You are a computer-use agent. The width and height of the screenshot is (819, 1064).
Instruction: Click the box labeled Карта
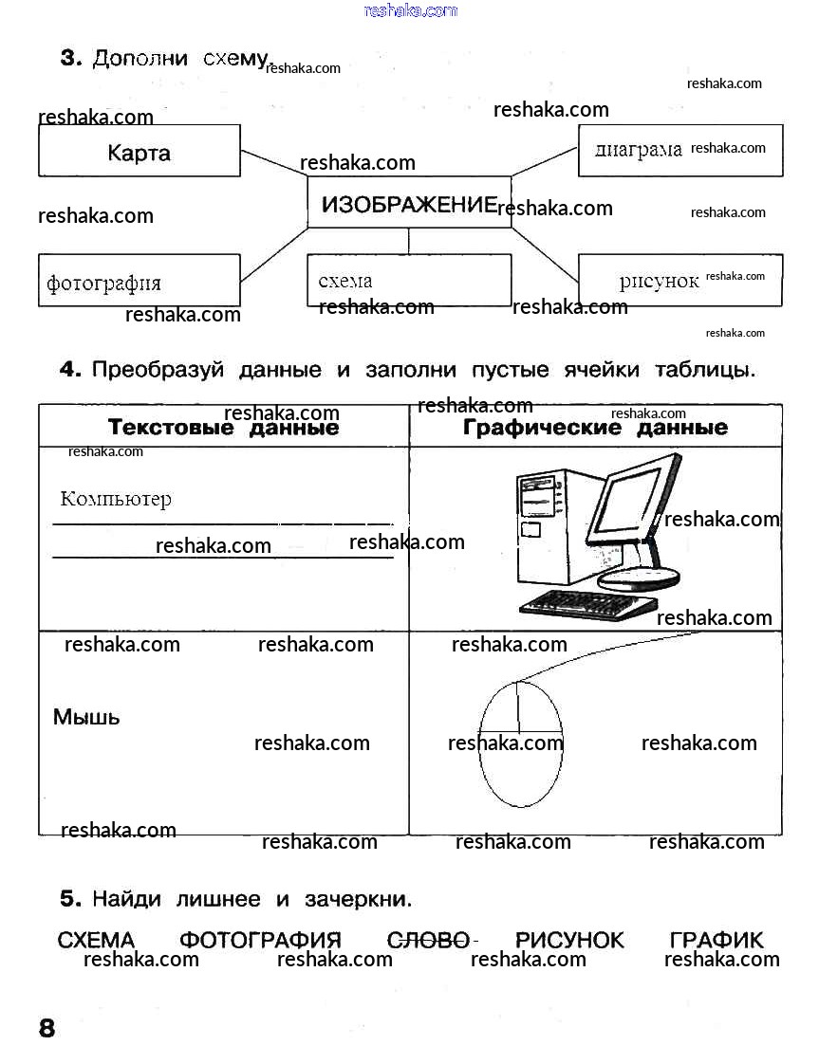coord(139,152)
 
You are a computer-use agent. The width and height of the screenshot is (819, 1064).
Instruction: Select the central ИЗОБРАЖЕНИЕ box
coord(409,203)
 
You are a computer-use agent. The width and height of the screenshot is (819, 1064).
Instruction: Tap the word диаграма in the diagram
coord(638,150)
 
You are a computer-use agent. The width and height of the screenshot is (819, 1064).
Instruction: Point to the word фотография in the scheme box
coord(103,283)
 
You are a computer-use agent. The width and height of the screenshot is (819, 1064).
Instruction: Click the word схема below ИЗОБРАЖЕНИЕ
coord(345,281)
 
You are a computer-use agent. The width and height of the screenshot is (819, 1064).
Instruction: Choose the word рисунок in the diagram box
coord(659,281)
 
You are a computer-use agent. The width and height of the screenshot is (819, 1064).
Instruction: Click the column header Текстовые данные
coord(223,428)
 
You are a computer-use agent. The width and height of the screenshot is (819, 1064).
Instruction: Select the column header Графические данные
coord(595,428)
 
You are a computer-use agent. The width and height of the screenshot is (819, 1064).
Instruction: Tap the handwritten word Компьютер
coord(116,499)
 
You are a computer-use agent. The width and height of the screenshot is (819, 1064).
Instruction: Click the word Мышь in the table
coord(86,717)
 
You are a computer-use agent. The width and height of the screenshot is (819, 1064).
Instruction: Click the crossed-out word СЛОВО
coord(429,940)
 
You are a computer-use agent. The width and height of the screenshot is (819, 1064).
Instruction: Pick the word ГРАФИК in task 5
coord(716,940)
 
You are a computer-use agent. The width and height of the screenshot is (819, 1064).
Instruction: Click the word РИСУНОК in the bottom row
coord(569,940)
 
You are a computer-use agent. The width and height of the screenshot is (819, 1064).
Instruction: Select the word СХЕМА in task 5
coord(96,940)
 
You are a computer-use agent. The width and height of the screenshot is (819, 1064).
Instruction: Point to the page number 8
coord(47,1028)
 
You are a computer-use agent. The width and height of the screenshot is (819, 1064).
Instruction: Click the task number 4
coord(70,370)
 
